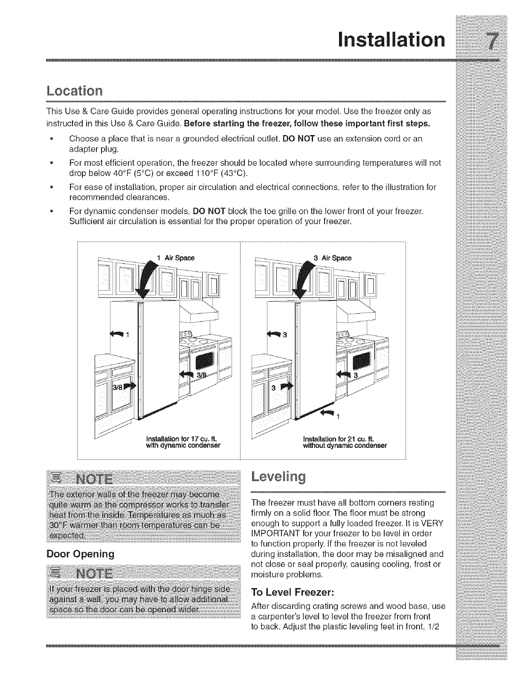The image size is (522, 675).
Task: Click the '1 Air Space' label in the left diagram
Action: tap(176, 258)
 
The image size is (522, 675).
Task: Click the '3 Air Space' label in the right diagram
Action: tap(333, 258)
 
